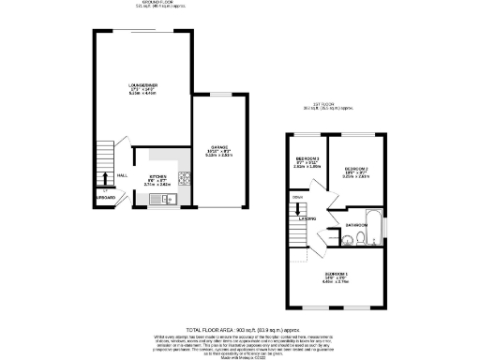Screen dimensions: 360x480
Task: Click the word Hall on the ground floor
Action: pyautogui.click(x=122, y=174)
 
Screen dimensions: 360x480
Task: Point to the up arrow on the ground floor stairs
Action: pyautogui.click(x=102, y=177)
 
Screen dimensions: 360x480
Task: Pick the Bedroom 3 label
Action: pyautogui.click(x=307, y=159)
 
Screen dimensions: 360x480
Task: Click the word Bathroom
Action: pyautogui.click(x=355, y=225)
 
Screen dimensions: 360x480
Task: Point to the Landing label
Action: pyautogui.click(x=307, y=219)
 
